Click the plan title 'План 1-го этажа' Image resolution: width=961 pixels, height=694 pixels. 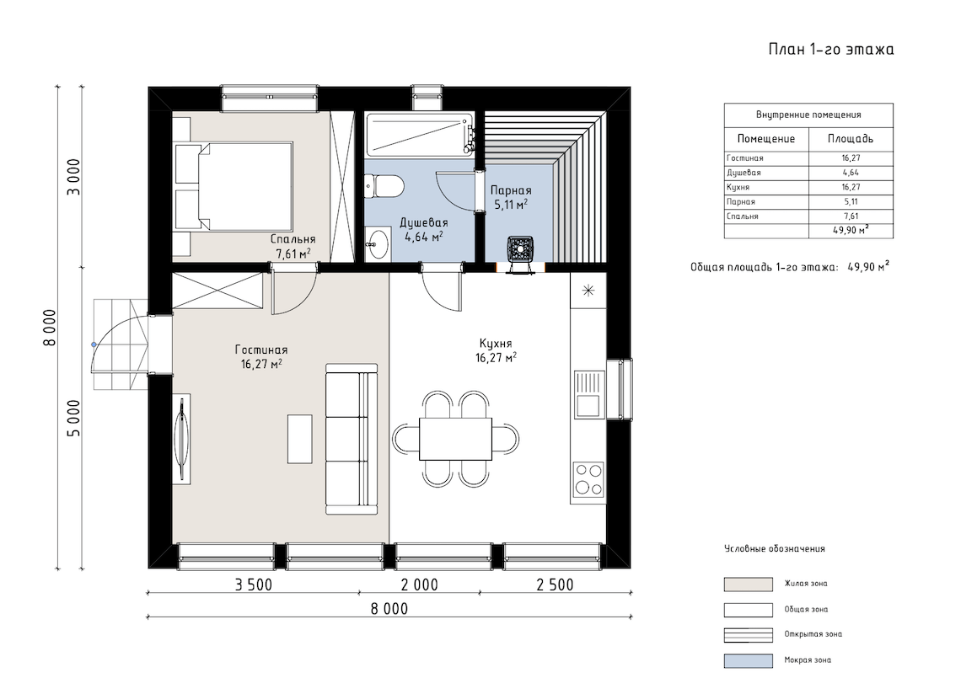click(x=830, y=49)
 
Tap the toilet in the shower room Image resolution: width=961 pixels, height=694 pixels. click(x=384, y=185)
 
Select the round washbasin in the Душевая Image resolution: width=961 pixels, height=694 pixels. click(x=378, y=243)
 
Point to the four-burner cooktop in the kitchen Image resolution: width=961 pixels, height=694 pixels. click(x=588, y=479)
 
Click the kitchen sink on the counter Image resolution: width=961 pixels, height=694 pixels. click(x=588, y=394)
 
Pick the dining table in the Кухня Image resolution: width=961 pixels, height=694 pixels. click(x=455, y=439)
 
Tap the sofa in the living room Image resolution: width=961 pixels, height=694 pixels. click(x=352, y=439)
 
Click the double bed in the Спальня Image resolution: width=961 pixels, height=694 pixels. click(x=234, y=185)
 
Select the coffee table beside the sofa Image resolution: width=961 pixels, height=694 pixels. click(x=300, y=439)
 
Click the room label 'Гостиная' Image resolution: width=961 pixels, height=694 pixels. click(x=261, y=350)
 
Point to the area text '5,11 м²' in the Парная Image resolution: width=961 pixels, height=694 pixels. click(x=511, y=205)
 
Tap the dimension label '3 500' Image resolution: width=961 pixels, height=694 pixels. click(x=253, y=585)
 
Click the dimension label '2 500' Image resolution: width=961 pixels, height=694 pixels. click(x=555, y=585)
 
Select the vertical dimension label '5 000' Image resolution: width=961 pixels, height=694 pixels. click(x=73, y=419)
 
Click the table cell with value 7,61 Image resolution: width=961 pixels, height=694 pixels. click(x=851, y=216)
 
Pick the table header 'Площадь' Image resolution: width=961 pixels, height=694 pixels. click(x=851, y=138)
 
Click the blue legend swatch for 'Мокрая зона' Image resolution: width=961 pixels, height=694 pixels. click(x=748, y=660)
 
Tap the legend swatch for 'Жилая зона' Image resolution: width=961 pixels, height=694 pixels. click(x=748, y=584)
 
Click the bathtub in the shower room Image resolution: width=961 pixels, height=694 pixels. click(x=420, y=134)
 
